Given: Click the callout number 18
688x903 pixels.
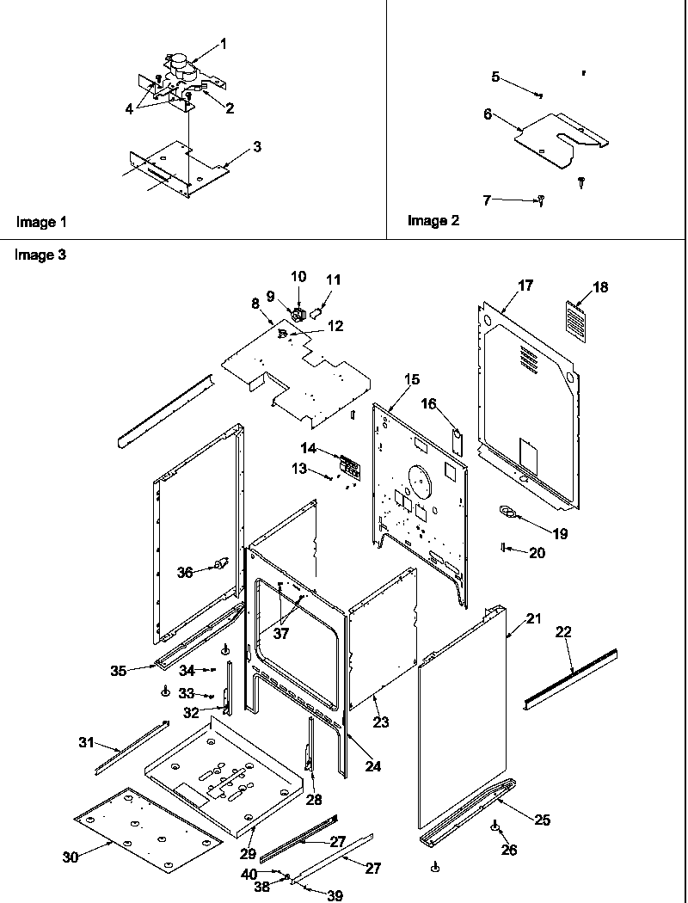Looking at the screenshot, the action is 600,287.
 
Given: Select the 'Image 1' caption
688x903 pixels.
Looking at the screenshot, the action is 41,222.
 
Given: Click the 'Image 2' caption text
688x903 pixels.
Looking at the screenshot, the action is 433,221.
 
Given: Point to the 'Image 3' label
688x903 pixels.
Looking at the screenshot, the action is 40,255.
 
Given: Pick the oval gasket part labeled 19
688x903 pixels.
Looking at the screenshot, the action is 510,513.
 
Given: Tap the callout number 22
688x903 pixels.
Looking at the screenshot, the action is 563,632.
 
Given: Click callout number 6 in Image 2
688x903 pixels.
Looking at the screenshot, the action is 488,114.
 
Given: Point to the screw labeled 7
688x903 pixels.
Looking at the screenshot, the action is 542,201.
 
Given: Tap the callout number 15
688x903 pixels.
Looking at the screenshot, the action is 412,379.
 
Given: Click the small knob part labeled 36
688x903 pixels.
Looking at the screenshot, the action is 222,564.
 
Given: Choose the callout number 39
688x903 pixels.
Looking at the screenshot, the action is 335,895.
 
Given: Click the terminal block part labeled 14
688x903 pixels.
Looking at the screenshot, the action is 348,467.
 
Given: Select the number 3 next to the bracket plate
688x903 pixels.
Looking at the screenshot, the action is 256,147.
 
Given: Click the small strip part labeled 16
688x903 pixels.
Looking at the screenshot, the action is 458,440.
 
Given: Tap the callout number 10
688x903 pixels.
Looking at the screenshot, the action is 298,276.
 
